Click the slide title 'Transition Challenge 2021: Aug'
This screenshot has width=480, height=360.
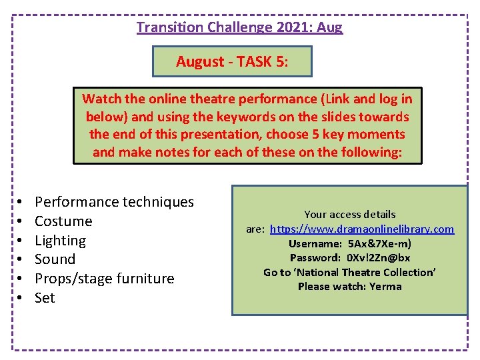click(x=239, y=27)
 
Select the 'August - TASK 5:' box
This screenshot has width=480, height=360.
click(x=232, y=62)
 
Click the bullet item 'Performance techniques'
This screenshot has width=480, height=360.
click(x=114, y=202)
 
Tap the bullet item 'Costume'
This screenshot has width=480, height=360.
click(x=63, y=221)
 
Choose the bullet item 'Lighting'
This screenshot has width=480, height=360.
click(x=60, y=241)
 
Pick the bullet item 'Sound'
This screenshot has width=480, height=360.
click(x=55, y=259)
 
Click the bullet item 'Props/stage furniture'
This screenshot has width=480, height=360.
click(x=104, y=279)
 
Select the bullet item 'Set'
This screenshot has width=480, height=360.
click(x=45, y=298)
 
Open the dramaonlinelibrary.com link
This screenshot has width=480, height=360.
click(x=362, y=229)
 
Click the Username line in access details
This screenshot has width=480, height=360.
click(x=350, y=243)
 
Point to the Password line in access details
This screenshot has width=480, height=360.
click(x=350, y=258)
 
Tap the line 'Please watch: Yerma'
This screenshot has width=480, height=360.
click(x=350, y=287)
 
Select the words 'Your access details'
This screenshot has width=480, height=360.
click(x=350, y=215)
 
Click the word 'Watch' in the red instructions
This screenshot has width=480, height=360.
click(x=101, y=99)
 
